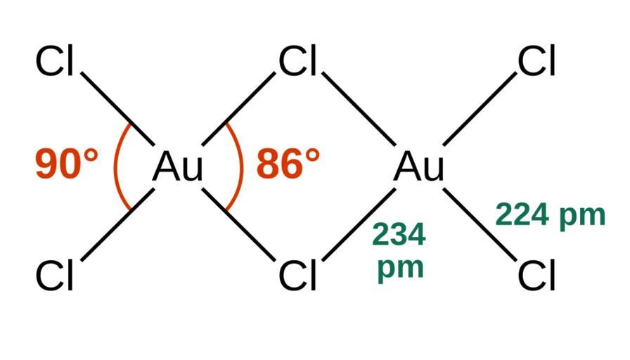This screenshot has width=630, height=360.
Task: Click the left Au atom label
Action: click(x=178, y=167)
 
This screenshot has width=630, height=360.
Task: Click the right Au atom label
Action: click(x=419, y=167)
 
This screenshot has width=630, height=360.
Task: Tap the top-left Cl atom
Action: click(x=55, y=62)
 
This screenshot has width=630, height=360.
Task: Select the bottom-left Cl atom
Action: click(x=55, y=276)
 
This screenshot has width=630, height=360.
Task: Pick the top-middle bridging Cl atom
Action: click(x=297, y=62)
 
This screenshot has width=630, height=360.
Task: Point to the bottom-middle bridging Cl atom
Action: click(x=297, y=276)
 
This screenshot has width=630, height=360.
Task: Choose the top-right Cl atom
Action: click(x=537, y=62)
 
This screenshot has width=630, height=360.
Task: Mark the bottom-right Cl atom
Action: click(x=537, y=276)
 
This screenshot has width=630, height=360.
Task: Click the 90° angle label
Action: click(x=67, y=165)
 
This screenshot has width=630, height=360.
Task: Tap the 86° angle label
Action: click(x=288, y=165)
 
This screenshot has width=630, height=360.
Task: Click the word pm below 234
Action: click(x=400, y=268)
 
